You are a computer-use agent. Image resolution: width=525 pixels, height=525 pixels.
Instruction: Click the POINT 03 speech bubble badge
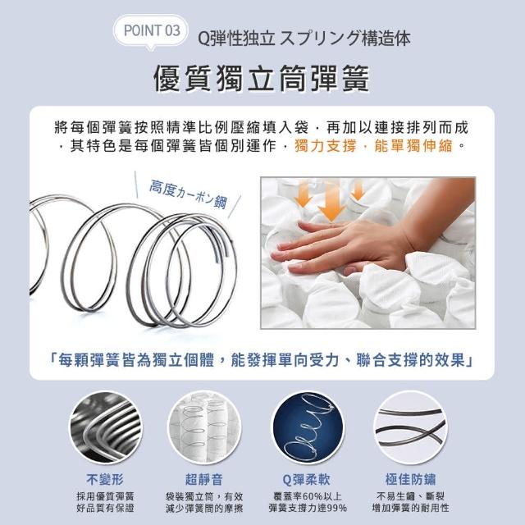[x=151, y=31]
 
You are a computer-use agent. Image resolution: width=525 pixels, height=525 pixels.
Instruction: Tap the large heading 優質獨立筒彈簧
[x=262, y=78]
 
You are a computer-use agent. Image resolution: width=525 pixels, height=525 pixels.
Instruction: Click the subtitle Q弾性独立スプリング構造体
[x=304, y=39]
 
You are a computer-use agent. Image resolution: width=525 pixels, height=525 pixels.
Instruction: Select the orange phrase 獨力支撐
[x=325, y=146]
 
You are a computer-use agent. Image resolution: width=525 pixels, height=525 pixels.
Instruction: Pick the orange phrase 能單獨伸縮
[x=413, y=146]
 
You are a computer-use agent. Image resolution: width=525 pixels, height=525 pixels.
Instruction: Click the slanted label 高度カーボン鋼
[x=188, y=194]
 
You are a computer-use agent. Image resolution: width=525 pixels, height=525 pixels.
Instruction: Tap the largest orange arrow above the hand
[x=331, y=203]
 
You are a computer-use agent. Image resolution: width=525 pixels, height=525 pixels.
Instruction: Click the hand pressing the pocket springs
[x=362, y=241]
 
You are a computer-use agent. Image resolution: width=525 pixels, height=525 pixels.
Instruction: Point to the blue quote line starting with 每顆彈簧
[x=262, y=360]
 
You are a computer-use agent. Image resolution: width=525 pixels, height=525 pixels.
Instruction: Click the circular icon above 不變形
[x=105, y=428]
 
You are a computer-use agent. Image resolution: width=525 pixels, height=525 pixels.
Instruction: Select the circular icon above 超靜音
[x=204, y=428]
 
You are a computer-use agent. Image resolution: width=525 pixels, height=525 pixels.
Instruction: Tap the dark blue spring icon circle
[x=308, y=428]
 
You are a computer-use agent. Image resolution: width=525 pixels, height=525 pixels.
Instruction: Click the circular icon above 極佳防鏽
[x=410, y=428]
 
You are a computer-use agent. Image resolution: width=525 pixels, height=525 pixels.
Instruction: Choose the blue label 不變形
[x=105, y=479]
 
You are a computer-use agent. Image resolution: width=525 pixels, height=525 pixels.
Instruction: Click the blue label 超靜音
[x=204, y=479]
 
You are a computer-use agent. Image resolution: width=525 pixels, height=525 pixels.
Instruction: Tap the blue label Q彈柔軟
[x=307, y=479]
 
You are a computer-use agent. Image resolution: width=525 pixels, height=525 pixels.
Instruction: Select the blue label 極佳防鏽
[x=410, y=479]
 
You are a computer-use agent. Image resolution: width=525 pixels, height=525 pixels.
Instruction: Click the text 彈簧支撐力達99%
[x=308, y=509]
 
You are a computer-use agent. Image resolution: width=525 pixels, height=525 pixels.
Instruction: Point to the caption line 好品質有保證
[x=105, y=509]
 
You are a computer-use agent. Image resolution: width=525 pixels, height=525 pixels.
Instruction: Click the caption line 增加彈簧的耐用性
[x=410, y=509]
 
